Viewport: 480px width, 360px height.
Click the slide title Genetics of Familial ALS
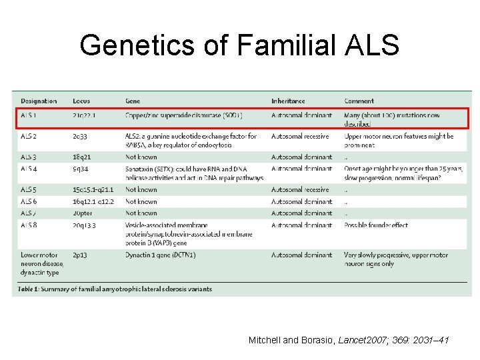coord(239,46)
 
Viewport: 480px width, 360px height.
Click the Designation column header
coord(39,101)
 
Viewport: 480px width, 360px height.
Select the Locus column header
coord(82,101)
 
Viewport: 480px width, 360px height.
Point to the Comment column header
coord(359,101)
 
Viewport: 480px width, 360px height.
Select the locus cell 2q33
coord(81,136)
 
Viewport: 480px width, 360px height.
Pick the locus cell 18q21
coord(83,157)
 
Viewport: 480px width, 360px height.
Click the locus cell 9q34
coord(81,169)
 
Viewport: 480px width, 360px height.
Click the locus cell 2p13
coord(81,255)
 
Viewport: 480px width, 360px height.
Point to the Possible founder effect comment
coord(376,225)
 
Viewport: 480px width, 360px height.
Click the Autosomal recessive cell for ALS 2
coord(301,136)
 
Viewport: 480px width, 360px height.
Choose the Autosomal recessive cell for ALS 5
coord(301,190)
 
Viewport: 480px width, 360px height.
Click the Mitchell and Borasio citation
coord(349,341)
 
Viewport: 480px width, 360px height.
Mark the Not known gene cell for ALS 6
coord(141,201)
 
